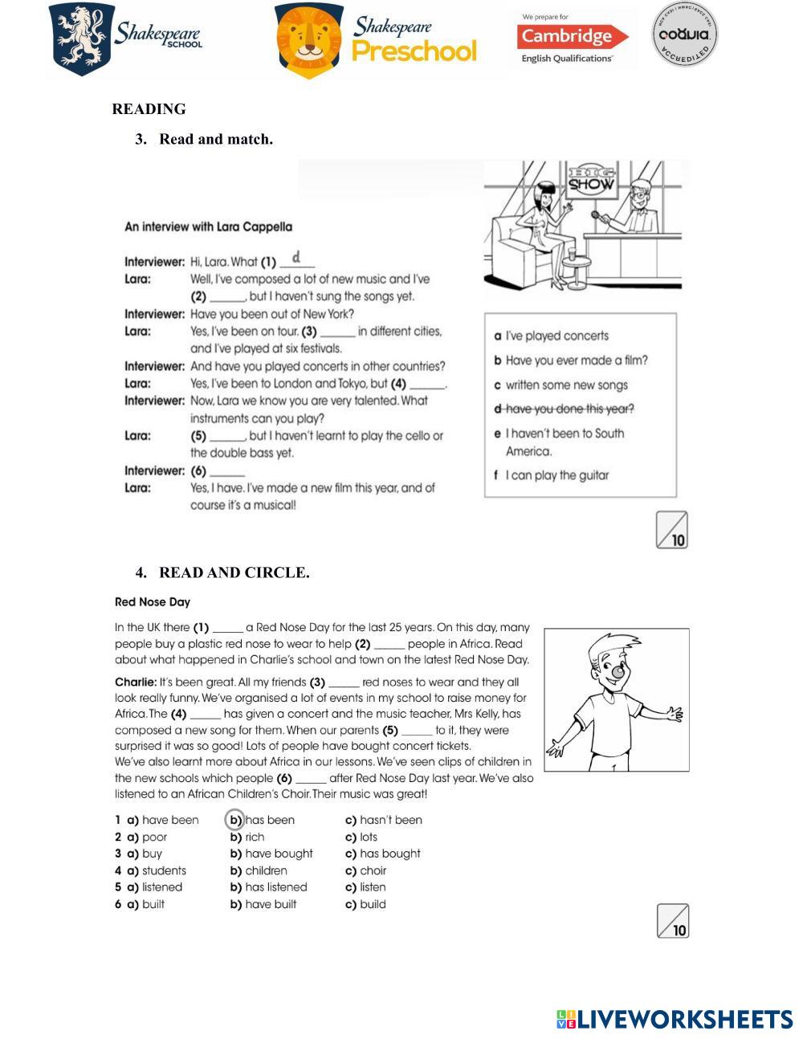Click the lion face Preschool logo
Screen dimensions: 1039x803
coord(308,40)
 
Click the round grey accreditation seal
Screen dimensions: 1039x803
coord(684,34)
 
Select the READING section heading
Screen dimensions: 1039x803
coord(149,109)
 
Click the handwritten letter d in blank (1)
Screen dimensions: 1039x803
coord(296,257)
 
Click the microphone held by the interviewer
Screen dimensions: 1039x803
coord(595,214)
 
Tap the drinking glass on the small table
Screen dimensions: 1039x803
coord(571,253)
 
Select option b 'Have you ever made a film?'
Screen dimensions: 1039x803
coord(571,361)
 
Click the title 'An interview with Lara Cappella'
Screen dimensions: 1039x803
coord(208,227)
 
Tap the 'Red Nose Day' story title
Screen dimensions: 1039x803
coord(153,601)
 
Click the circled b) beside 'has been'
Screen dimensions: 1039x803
coord(234,820)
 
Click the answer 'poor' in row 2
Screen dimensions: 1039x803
coord(154,837)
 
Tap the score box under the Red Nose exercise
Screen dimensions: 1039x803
coord(673,920)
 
